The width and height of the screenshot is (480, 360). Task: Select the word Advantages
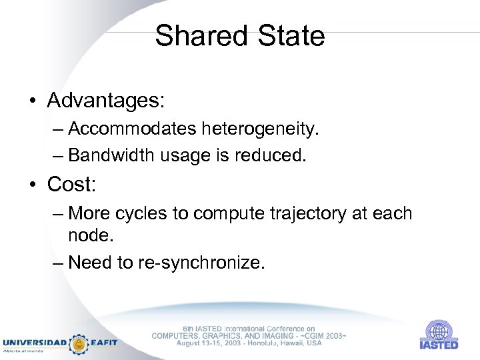tap(105, 101)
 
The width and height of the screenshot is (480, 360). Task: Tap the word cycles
tap(152, 213)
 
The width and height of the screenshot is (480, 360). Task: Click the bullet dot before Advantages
tap(32, 101)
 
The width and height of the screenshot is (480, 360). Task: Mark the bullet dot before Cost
tap(32, 183)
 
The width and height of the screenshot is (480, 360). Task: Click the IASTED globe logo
tap(439, 331)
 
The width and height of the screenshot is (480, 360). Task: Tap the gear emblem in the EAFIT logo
tap(80, 343)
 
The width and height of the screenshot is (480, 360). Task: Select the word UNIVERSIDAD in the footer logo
tap(35, 343)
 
